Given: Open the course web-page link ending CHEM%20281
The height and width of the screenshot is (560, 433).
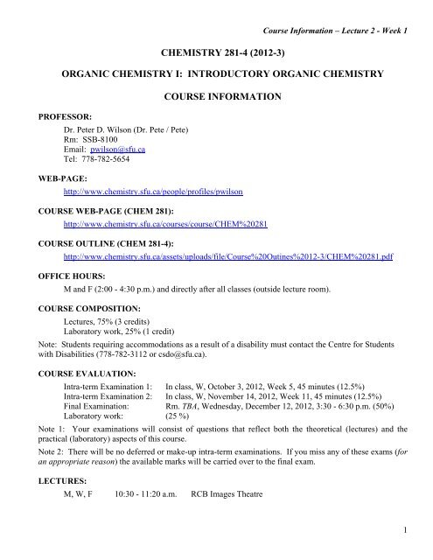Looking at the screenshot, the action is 160,223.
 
